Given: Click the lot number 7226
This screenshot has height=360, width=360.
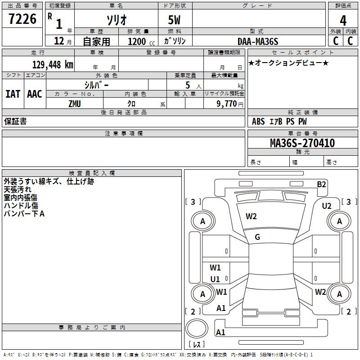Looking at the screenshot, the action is (22, 19).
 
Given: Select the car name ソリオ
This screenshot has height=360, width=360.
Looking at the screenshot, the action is (117, 20).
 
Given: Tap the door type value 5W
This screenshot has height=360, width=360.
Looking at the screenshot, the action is (174, 20).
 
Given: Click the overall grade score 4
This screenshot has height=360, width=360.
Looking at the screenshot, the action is (343, 21).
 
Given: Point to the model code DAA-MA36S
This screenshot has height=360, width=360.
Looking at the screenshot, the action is (258, 41).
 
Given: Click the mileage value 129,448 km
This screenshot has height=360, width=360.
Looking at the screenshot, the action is (53, 65).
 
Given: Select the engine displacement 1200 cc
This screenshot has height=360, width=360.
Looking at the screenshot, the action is (141, 41).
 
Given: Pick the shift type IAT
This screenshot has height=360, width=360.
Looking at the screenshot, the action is (13, 94).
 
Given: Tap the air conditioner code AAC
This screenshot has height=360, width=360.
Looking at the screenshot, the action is (35, 94).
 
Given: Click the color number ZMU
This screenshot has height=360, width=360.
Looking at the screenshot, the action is (75, 104).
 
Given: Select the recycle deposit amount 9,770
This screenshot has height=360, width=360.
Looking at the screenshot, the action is (227, 104).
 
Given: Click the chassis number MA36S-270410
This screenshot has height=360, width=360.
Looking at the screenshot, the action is (302, 143).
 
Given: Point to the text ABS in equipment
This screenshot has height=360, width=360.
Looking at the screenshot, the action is (258, 121).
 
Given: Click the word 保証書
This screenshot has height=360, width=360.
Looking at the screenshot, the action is (15, 121).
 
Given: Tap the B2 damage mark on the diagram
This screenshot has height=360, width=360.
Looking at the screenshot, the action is (321, 184).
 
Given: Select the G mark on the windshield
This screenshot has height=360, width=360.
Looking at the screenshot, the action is (257, 237).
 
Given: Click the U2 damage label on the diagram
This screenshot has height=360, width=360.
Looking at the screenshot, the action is (327, 206).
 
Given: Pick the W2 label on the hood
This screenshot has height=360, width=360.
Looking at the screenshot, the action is (251, 216).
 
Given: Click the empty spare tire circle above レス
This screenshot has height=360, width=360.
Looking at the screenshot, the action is (197, 328).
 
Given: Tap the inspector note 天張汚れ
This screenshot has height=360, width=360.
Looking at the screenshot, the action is (18, 189).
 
